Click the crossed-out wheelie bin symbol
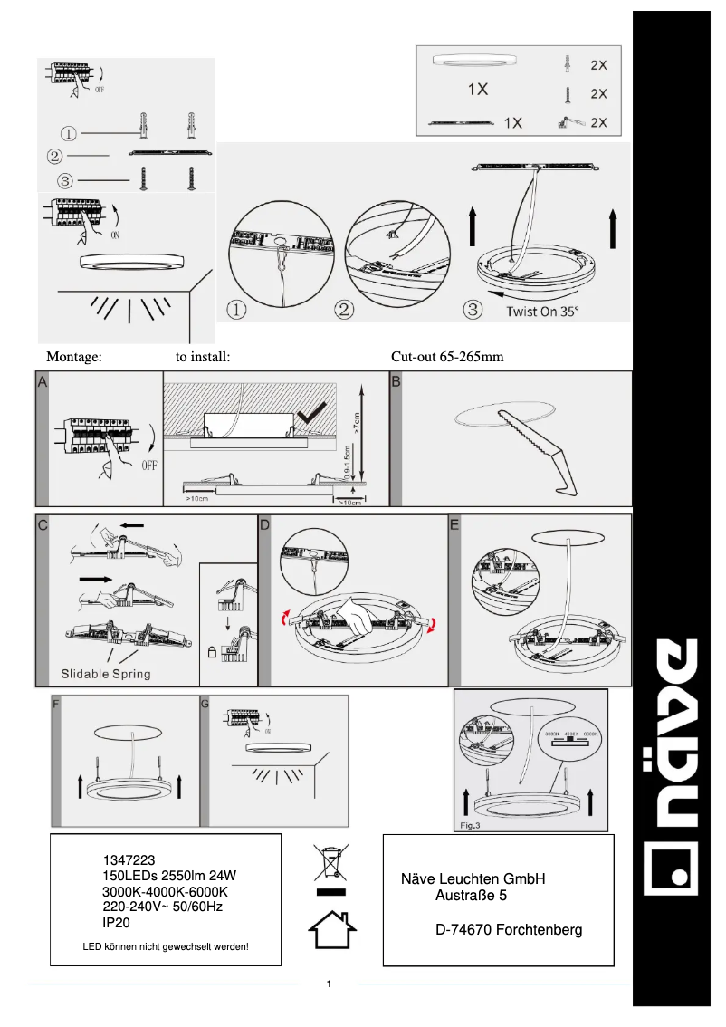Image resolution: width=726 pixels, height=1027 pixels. click(x=331, y=862)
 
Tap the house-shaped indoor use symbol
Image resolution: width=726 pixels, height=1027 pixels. click(x=331, y=929)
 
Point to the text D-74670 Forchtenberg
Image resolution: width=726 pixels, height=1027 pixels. click(x=509, y=930)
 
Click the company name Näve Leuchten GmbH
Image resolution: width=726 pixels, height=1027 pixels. click(x=473, y=878)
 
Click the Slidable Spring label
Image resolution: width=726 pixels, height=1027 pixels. click(x=106, y=674)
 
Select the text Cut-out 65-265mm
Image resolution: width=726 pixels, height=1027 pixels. click(x=447, y=357)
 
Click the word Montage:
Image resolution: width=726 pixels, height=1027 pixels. click(x=73, y=357)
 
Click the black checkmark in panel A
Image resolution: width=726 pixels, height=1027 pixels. click(x=315, y=414)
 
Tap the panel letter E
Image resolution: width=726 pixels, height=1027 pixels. click(x=454, y=523)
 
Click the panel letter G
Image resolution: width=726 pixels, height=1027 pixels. click(x=205, y=703)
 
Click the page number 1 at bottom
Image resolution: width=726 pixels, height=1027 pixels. click(x=330, y=984)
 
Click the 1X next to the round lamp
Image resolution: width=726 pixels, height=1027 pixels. click(x=478, y=90)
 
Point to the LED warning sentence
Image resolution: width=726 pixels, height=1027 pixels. click(x=166, y=947)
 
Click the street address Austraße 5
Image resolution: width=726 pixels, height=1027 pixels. click(x=471, y=897)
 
